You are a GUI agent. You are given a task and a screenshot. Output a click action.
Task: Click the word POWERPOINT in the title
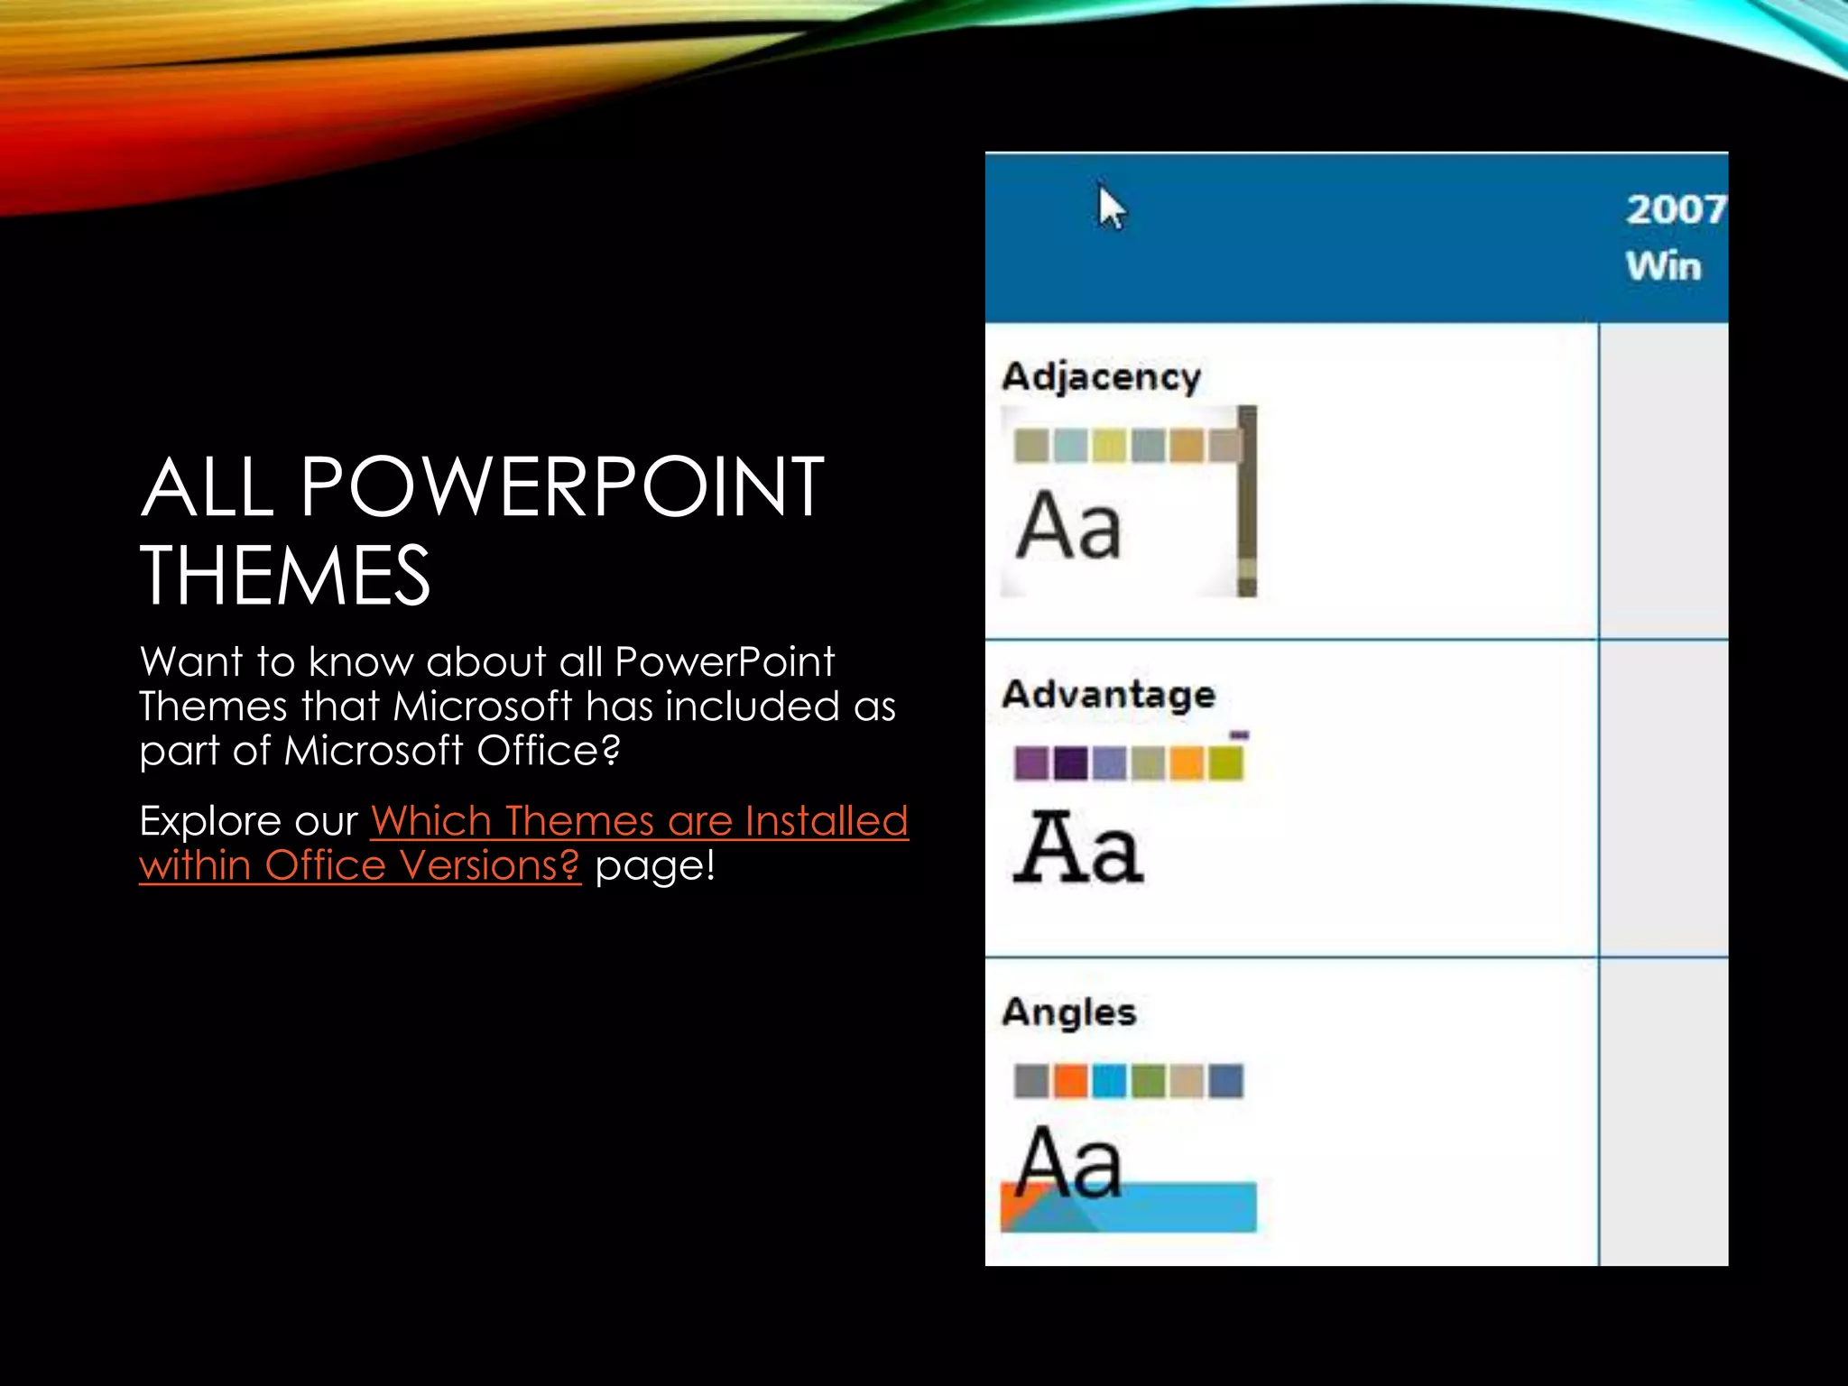[561, 487]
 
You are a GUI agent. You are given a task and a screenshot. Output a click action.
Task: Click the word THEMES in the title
[285, 575]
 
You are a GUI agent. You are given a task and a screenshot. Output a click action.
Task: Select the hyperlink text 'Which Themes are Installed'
[639, 821]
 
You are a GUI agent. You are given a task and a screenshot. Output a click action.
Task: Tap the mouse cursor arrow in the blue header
[1110, 208]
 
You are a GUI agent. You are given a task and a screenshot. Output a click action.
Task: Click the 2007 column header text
[1675, 209]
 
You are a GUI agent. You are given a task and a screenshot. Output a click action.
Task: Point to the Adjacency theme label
[1101, 376]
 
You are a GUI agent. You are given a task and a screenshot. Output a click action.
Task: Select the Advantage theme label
[1108, 694]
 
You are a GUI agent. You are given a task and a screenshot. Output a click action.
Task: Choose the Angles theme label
[1068, 1012]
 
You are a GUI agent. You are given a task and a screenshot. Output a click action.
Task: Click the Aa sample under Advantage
[1077, 847]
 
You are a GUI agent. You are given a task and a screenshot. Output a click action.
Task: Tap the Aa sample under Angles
[1068, 1163]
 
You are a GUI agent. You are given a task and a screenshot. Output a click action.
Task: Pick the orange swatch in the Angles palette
[1070, 1081]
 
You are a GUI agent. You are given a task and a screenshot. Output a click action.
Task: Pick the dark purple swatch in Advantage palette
[1070, 763]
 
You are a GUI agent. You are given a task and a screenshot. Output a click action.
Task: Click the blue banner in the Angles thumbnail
[1173, 1207]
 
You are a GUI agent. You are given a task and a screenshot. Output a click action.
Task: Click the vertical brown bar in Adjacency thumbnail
[1247, 501]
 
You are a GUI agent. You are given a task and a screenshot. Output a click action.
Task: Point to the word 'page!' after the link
[655, 865]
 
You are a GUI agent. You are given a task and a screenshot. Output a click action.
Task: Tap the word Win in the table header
[1663, 267]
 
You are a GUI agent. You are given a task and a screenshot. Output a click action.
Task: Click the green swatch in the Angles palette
[1148, 1081]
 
